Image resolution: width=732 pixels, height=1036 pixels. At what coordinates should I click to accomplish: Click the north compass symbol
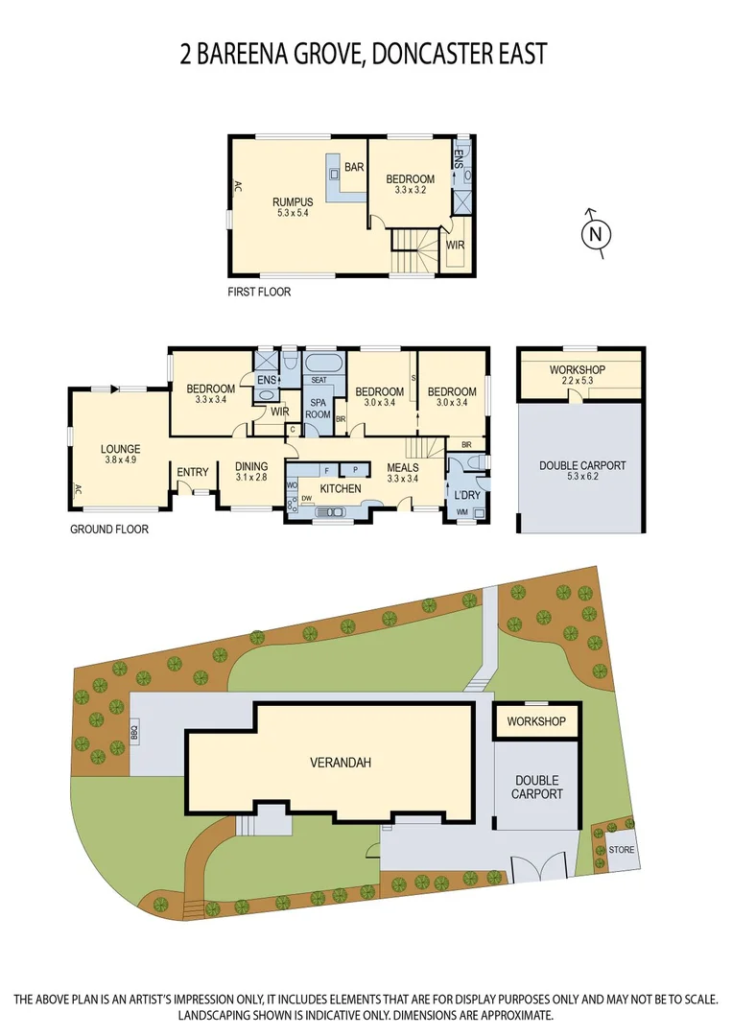point(596,232)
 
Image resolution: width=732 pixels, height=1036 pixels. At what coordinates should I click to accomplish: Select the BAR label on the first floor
point(354,168)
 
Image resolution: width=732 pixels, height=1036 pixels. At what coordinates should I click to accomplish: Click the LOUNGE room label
point(121,449)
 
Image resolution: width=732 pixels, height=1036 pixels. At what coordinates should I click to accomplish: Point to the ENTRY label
point(193,472)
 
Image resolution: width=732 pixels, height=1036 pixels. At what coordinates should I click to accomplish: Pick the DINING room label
point(251,467)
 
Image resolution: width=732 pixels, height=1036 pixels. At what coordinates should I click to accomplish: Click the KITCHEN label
point(340,489)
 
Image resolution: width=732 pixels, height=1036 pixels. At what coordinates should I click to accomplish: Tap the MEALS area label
point(404,467)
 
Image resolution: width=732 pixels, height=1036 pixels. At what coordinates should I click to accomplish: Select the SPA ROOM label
point(318,408)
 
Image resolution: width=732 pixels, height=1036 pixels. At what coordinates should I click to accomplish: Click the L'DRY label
point(467,495)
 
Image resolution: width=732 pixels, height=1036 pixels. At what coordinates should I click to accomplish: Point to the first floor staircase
point(413,251)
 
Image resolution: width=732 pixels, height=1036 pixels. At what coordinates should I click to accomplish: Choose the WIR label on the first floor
point(456,247)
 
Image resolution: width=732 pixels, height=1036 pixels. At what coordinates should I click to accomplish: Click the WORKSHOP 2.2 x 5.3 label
point(577,369)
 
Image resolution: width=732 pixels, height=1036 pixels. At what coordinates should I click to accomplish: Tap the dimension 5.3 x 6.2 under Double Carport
point(581,477)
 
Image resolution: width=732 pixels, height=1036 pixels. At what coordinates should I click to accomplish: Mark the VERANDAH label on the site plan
point(341,764)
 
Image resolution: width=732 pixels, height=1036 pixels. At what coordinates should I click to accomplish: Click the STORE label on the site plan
point(621,850)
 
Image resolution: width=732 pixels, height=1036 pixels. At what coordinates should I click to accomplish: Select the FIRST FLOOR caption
point(258,292)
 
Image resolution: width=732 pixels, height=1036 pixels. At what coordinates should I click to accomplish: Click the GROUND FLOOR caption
point(109,529)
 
